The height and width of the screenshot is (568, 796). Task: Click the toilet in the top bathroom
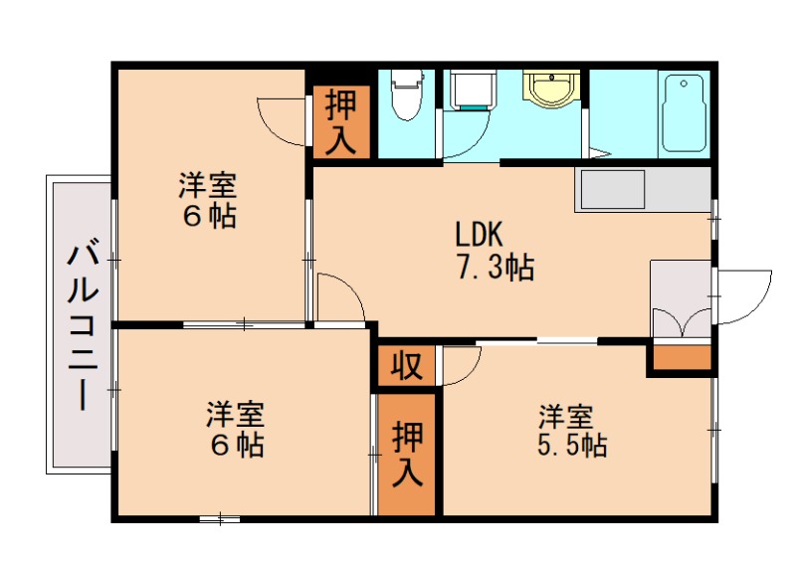[405, 95]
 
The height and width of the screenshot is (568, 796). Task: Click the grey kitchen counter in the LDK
[642, 189]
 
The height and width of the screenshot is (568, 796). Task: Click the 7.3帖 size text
[495, 267]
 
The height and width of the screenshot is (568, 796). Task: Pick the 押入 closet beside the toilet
[341, 122]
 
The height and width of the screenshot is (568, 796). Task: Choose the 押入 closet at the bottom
[407, 454]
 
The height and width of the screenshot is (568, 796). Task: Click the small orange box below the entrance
[682, 356]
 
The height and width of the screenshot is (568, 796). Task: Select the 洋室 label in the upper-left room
[207, 185]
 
